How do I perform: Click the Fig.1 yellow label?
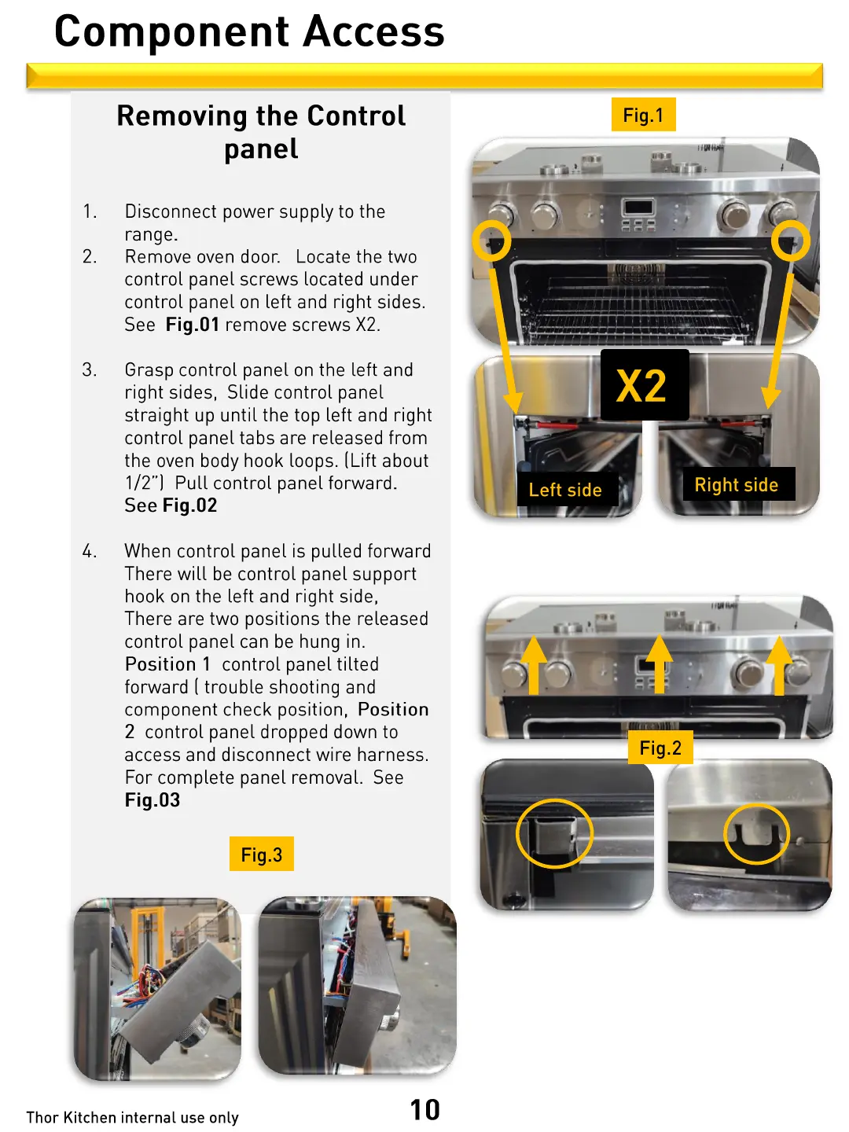click(x=643, y=115)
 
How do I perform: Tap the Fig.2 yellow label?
click(x=660, y=748)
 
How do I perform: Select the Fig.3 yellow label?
click(x=261, y=855)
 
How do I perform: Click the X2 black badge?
click(x=644, y=385)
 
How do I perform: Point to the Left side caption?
click(x=565, y=490)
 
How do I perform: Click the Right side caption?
click(x=737, y=485)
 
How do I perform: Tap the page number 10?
click(x=424, y=1109)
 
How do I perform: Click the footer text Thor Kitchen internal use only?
click(x=132, y=1117)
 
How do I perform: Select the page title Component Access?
click(x=249, y=31)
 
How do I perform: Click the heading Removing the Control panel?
click(x=261, y=131)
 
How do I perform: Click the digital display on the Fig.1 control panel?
click(x=638, y=208)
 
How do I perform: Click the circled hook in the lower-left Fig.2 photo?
click(x=554, y=833)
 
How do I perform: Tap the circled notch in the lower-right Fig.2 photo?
click(x=755, y=833)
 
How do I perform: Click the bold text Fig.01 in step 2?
click(x=192, y=325)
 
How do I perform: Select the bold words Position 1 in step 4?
click(x=167, y=664)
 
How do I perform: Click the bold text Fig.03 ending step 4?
click(x=153, y=800)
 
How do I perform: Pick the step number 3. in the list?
click(x=90, y=370)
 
